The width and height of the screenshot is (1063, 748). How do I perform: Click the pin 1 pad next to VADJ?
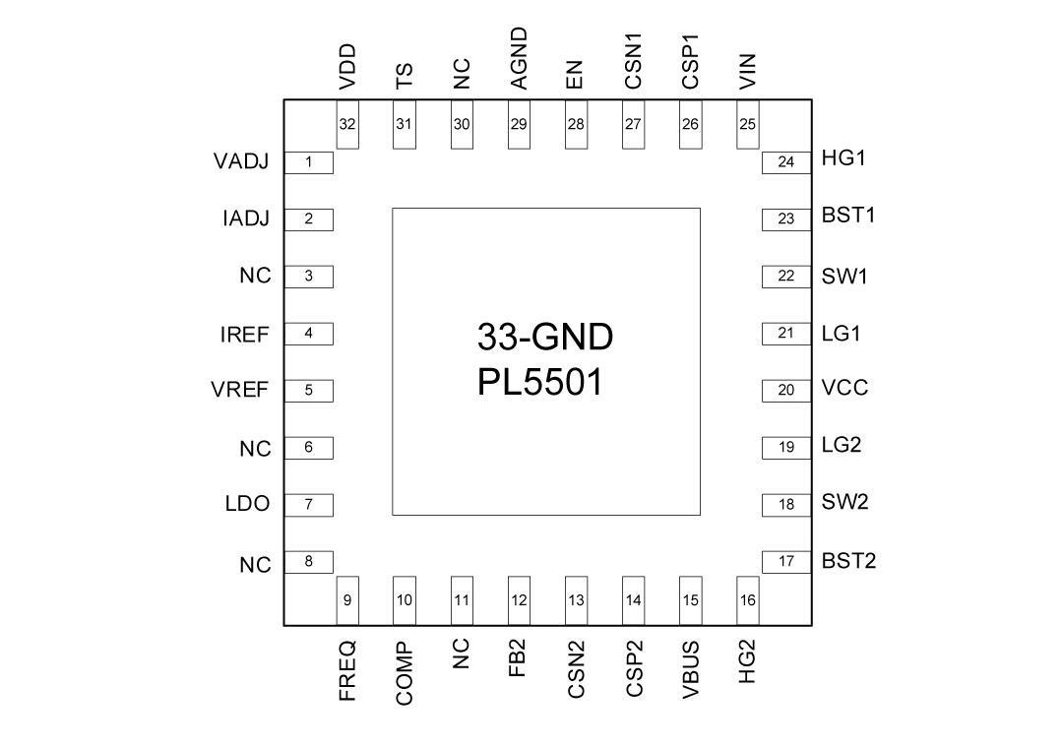tap(308, 161)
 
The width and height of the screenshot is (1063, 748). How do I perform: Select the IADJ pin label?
tap(245, 218)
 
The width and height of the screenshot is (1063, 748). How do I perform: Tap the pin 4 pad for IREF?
tap(308, 334)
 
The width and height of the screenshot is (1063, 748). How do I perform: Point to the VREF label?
tap(239, 390)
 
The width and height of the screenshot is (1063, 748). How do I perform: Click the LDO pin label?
tap(247, 504)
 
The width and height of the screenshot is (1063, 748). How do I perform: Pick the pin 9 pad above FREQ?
tap(347, 600)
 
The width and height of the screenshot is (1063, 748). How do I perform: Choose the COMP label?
tap(405, 672)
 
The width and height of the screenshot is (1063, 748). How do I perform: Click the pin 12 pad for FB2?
tap(519, 600)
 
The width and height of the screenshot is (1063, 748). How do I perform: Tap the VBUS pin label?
tap(690, 669)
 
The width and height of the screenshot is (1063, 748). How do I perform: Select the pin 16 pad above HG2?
tap(748, 600)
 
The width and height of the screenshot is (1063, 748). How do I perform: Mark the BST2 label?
tap(848, 562)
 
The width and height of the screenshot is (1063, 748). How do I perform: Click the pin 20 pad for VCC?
tap(786, 390)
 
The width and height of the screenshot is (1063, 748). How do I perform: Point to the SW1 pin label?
tap(844, 276)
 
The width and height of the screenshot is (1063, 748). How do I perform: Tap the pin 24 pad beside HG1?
tap(786, 161)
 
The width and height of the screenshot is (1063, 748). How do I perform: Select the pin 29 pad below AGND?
tap(519, 125)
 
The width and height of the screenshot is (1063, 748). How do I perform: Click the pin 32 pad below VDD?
tap(347, 125)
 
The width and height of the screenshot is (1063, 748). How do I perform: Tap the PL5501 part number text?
tap(538, 382)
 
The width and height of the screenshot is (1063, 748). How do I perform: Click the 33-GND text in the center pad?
tap(545, 338)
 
